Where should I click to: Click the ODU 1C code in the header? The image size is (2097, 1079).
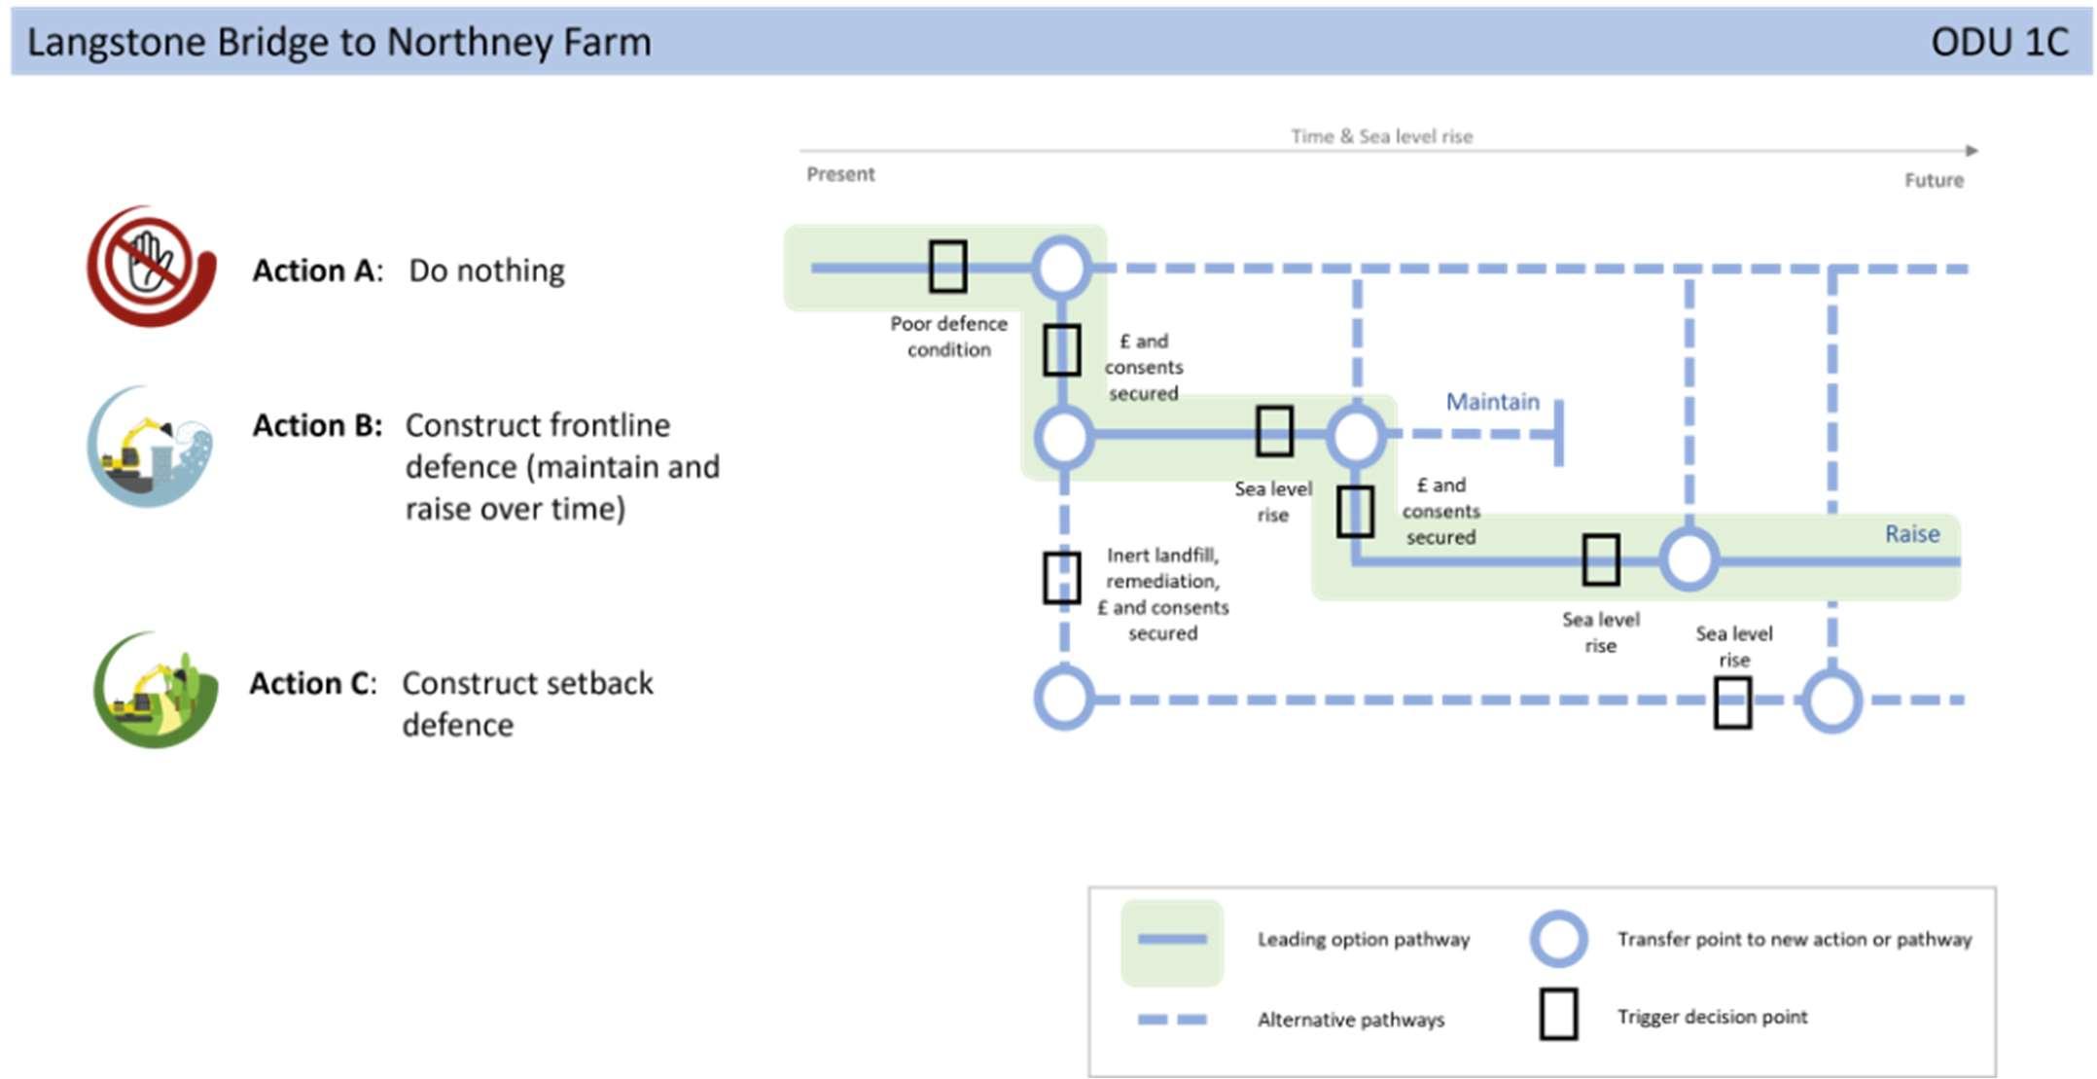click(x=2000, y=42)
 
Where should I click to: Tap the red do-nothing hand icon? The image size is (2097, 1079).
click(x=151, y=266)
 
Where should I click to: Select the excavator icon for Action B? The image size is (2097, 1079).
click(x=149, y=447)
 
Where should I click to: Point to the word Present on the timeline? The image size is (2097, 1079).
click(x=840, y=174)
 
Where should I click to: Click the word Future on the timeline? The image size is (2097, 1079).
click(x=1934, y=180)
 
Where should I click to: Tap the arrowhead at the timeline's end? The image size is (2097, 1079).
click(x=1972, y=151)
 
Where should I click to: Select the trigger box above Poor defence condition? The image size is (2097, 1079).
click(x=947, y=267)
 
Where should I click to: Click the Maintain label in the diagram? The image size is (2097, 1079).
click(x=1493, y=402)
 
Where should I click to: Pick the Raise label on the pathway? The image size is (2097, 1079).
click(x=1912, y=534)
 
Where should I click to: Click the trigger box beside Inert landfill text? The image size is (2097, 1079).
click(x=1062, y=578)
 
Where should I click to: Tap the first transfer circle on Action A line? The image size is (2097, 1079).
click(x=1061, y=268)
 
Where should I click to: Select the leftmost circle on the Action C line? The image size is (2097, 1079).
click(x=1064, y=699)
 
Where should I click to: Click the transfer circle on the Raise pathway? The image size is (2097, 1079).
click(x=1688, y=559)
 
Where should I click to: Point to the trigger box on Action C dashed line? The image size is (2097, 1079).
click(x=1732, y=702)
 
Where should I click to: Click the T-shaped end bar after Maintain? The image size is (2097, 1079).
click(x=1558, y=432)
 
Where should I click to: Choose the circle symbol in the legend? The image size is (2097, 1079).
click(x=1558, y=939)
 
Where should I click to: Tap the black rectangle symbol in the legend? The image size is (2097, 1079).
click(x=1558, y=1015)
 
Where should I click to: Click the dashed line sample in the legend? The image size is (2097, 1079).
click(x=1172, y=1020)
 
